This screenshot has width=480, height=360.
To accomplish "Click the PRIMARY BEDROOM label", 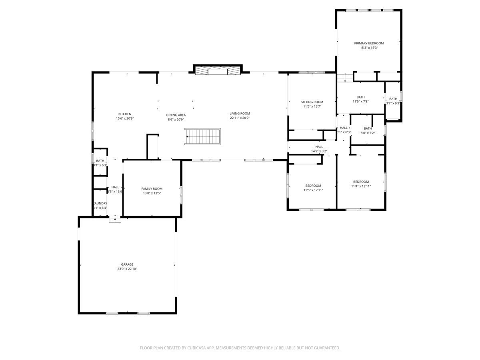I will (x=368, y=43).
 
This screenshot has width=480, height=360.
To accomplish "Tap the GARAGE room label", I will (x=127, y=264).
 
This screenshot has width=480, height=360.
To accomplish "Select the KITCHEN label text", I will (x=124, y=114).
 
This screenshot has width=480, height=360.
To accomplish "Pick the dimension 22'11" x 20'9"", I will (x=240, y=118).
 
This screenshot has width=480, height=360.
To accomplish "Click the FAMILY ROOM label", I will (x=152, y=189).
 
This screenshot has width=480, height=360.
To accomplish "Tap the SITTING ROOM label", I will (x=312, y=102).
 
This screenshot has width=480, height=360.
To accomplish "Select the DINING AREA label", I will (x=176, y=115).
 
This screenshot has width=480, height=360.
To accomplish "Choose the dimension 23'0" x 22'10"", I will (x=127, y=269).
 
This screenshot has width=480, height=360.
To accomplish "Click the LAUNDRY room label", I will (x=100, y=203).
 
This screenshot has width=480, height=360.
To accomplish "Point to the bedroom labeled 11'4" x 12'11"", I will (x=360, y=182).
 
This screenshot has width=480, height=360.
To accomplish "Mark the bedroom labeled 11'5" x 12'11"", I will (x=313, y=186).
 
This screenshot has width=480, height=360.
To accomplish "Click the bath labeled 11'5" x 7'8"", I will (x=360, y=97).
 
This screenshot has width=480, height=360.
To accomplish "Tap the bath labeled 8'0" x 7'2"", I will (x=367, y=128).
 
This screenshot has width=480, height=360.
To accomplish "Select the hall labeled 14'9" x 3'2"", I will (x=319, y=147).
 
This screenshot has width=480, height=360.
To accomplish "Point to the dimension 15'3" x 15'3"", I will (x=368, y=48).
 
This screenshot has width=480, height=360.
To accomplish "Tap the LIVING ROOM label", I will (x=240, y=114).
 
